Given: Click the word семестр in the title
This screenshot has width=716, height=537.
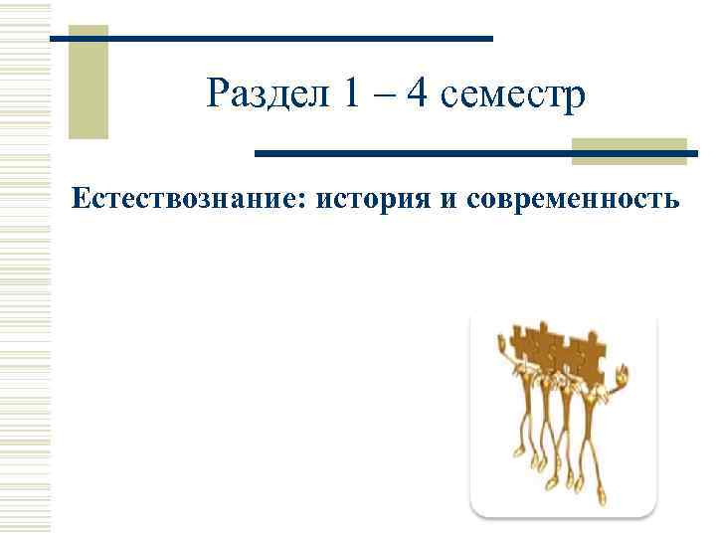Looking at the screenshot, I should [512, 97].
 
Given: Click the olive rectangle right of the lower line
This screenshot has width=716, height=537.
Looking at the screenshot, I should [628, 149].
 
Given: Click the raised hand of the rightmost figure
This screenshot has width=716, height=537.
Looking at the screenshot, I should [623, 375].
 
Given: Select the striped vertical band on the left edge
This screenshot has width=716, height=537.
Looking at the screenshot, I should [25, 268].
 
